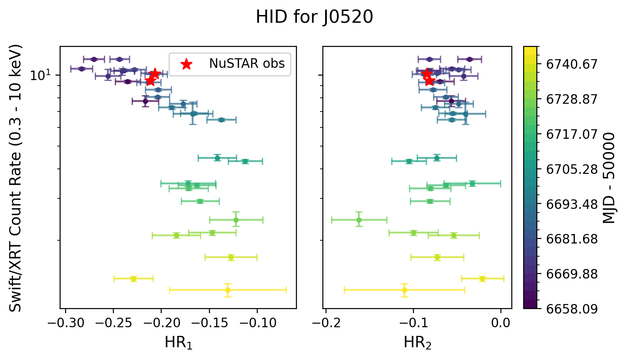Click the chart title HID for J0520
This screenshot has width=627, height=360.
tap(314, 17)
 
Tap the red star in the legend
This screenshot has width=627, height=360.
tap(186, 64)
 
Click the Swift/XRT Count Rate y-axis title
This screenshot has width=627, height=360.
tap(16, 177)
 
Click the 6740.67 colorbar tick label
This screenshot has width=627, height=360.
tap(565, 64)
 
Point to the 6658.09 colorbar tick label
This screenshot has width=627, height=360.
tap(565, 309)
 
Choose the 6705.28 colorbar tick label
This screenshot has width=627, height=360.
tap(565, 169)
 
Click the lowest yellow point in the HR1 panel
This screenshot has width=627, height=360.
tap(228, 290)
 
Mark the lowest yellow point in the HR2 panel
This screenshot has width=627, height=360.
tap(404, 290)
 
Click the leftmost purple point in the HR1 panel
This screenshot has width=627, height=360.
tap(82, 69)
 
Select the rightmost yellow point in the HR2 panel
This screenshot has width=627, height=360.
tap(482, 279)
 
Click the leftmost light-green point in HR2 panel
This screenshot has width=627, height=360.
tap(359, 220)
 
